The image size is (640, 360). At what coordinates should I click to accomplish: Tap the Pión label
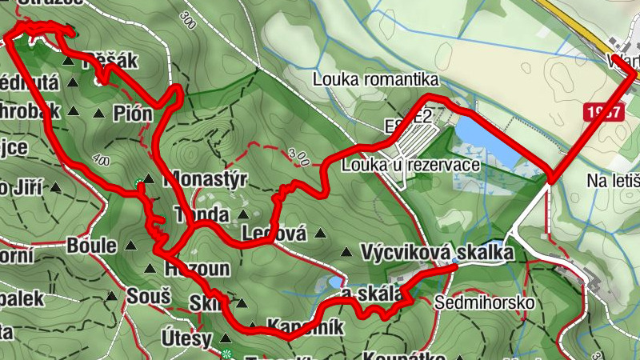pos(133,113)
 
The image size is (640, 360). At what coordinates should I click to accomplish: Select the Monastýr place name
pos(204,178)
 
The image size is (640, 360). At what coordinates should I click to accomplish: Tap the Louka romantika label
pos(376,80)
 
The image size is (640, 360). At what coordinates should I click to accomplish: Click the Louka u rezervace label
pos(410,165)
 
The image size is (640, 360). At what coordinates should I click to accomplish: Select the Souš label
pos(149,296)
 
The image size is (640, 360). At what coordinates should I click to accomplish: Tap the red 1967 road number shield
pos(603,112)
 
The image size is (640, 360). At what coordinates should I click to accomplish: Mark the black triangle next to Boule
pos(131,246)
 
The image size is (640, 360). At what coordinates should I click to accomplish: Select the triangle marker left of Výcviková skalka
pos(346,252)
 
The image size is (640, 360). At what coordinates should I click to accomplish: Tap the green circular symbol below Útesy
pos(227,354)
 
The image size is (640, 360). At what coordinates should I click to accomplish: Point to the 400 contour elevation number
pos(101,158)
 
